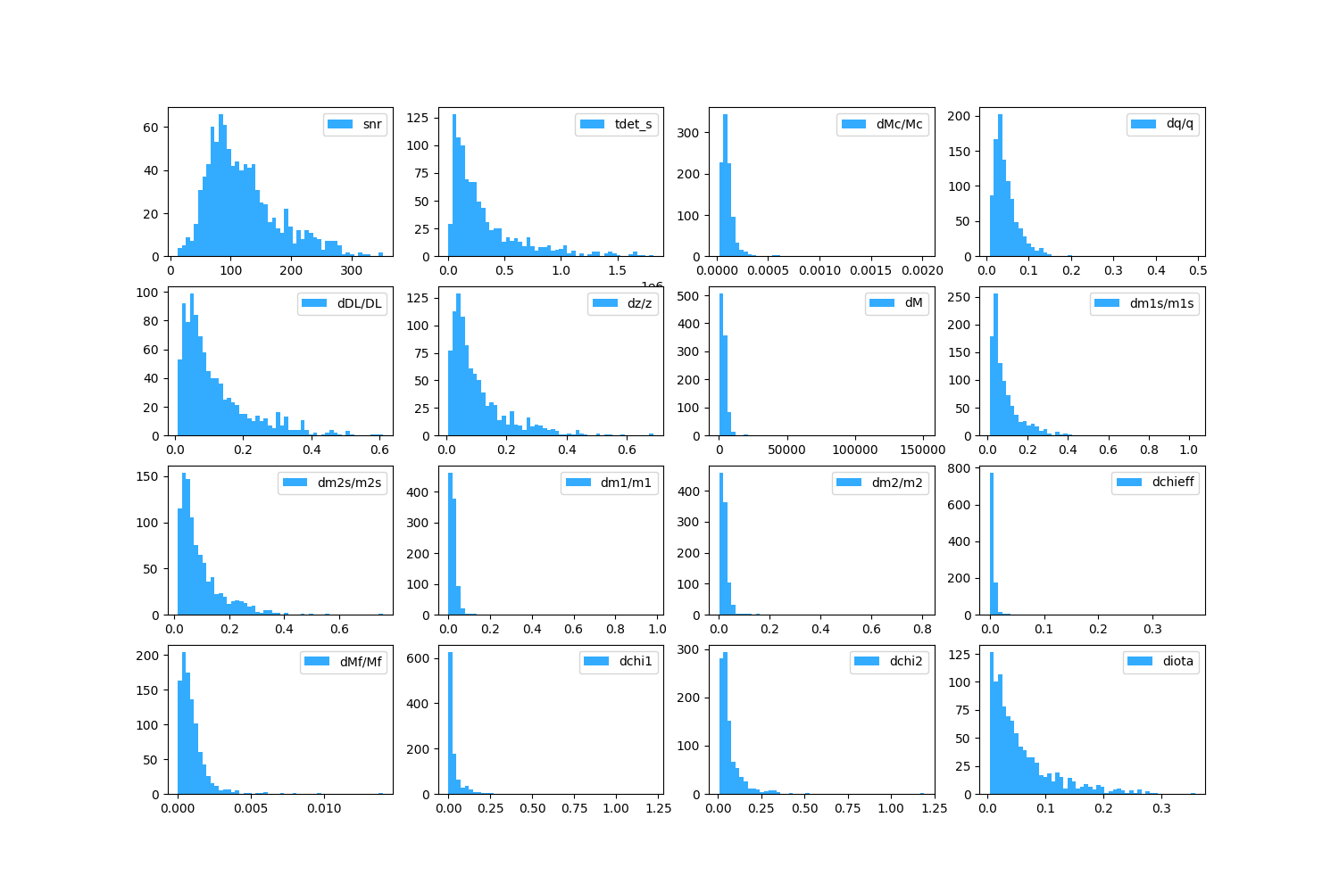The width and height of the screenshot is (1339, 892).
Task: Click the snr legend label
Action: click(x=372, y=124)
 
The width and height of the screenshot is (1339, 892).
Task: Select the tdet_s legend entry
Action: click(x=633, y=124)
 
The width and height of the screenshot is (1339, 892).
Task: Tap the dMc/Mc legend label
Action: click(x=899, y=124)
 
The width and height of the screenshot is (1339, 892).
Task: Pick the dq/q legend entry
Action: click(x=1179, y=124)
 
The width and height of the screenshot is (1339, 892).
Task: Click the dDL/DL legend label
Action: click(x=359, y=303)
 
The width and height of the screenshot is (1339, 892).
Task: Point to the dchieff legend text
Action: click(x=1173, y=482)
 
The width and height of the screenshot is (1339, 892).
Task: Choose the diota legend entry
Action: click(x=1177, y=661)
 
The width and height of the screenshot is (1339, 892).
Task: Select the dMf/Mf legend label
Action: click(x=361, y=661)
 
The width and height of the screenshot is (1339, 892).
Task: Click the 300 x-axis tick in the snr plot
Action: click(x=351, y=271)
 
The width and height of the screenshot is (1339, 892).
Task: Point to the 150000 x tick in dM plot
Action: click(x=922, y=450)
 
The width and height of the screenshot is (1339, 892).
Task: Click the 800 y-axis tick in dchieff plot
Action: click(x=976, y=468)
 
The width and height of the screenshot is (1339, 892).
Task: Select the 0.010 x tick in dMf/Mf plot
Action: click(x=324, y=809)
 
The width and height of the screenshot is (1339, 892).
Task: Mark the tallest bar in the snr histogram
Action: click(x=221, y=187)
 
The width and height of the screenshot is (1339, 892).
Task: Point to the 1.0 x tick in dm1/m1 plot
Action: click(x=657, y=630)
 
